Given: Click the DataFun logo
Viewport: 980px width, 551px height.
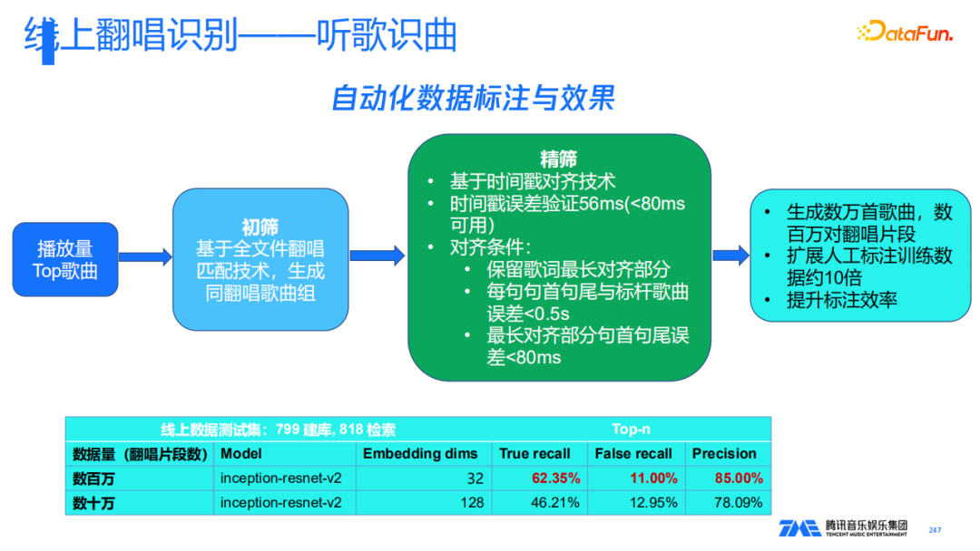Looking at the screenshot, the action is point(905,31).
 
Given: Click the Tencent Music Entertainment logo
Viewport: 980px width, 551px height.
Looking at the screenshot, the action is point(843,528).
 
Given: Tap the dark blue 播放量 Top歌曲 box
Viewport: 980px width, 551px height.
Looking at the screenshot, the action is point(65,259).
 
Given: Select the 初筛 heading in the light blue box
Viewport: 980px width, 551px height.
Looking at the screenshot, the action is point(260,227).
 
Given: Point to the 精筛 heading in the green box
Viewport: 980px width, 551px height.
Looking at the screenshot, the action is point(559,159).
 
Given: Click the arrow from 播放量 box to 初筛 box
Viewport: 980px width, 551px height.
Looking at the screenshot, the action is point(145,257).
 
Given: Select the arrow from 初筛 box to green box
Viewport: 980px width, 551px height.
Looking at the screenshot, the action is point(377,256).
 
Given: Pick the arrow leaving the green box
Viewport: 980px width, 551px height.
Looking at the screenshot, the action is point(730,256).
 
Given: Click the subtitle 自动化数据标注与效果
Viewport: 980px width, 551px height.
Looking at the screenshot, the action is point(473,99).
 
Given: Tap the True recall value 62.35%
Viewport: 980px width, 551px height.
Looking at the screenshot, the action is point(555,478).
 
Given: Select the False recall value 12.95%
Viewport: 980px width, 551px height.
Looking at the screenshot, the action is point(653,503).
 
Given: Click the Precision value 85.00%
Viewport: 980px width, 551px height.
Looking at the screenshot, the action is point(739,478).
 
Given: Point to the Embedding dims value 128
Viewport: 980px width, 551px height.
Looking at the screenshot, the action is point(472,503).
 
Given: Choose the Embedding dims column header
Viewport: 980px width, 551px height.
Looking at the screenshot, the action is point(420,454).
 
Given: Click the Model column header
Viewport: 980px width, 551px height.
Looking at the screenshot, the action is point(241,454).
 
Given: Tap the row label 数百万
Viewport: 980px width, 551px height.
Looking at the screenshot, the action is point(93,479).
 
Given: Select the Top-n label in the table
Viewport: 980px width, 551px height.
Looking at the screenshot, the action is point(631,430).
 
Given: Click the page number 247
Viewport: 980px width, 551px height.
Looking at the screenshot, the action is point(935,530).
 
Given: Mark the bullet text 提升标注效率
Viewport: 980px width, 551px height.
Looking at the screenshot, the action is point(842,300).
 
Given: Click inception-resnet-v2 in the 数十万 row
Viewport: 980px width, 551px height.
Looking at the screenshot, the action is point(280,503).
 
